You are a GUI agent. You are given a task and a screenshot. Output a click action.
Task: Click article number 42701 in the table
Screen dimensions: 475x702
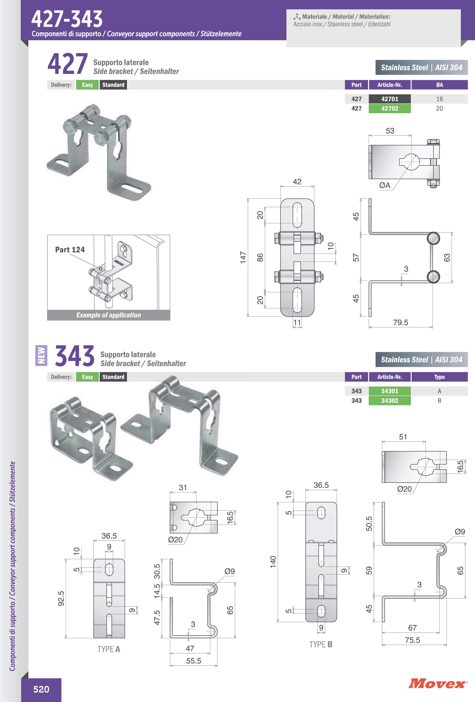coord(390,99)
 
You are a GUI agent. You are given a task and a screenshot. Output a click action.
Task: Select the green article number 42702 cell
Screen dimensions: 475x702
coord(390,108)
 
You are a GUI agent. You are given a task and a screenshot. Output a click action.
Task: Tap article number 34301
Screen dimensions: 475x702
coord(390,391)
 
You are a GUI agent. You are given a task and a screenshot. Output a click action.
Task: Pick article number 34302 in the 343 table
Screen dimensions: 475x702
coord(390,401)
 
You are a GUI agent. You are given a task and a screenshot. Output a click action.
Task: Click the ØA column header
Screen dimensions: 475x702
coord(439,85)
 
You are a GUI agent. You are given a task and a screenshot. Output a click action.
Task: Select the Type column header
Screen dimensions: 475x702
coord(439,377)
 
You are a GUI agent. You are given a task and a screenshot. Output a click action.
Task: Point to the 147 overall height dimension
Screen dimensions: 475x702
coord(243,258)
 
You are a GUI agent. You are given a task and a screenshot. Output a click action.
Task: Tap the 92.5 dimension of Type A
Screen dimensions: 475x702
coord(61,598)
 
